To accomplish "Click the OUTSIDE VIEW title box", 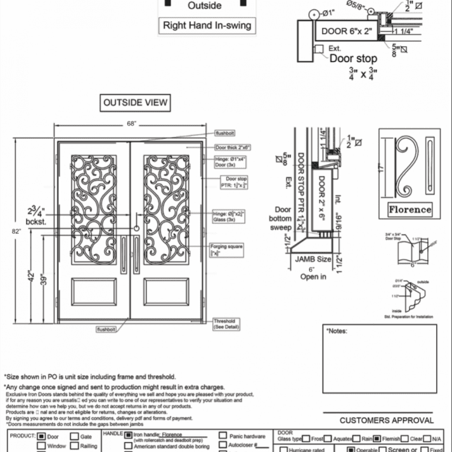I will coord(135,103).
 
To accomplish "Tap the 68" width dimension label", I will coord(131,124).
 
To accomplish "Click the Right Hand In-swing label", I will coord(207,26).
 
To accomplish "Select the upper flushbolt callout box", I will coord(226,134).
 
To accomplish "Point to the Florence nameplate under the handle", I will coord(410,209).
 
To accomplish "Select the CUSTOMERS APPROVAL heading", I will coord(387,420).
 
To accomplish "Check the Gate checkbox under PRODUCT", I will coord(75,436).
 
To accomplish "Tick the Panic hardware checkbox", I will coord(224,436).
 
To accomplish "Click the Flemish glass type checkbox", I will coord(377,438).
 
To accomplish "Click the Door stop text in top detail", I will coord(353,58).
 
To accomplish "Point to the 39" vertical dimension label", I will coord(42,280).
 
